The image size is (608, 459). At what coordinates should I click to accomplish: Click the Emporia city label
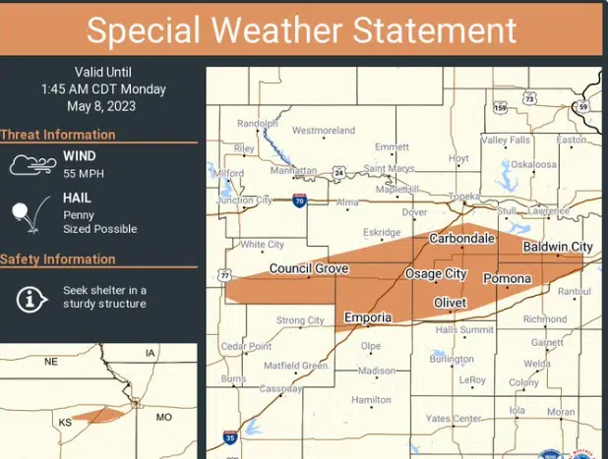click(x=368, y=317)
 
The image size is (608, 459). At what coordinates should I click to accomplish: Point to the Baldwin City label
click(x=558, y=247)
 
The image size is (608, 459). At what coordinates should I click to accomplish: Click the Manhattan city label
click(x=293, y=170)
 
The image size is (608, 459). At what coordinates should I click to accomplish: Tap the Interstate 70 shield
click(x=299, y=201)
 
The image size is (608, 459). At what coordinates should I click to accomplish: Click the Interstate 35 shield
click(x=229, y=436)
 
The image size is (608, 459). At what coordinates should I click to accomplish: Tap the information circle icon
click(x=32, y=297)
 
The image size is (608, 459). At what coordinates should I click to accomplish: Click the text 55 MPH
click(x=84, y=174)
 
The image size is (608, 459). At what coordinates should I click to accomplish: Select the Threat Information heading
click(x=58, y=135)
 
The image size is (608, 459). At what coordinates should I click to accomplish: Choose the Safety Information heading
click(x=58, y=259)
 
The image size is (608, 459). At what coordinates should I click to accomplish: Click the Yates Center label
click(x=453, y=419)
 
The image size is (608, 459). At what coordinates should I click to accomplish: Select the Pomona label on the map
click(x=507, y=279)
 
